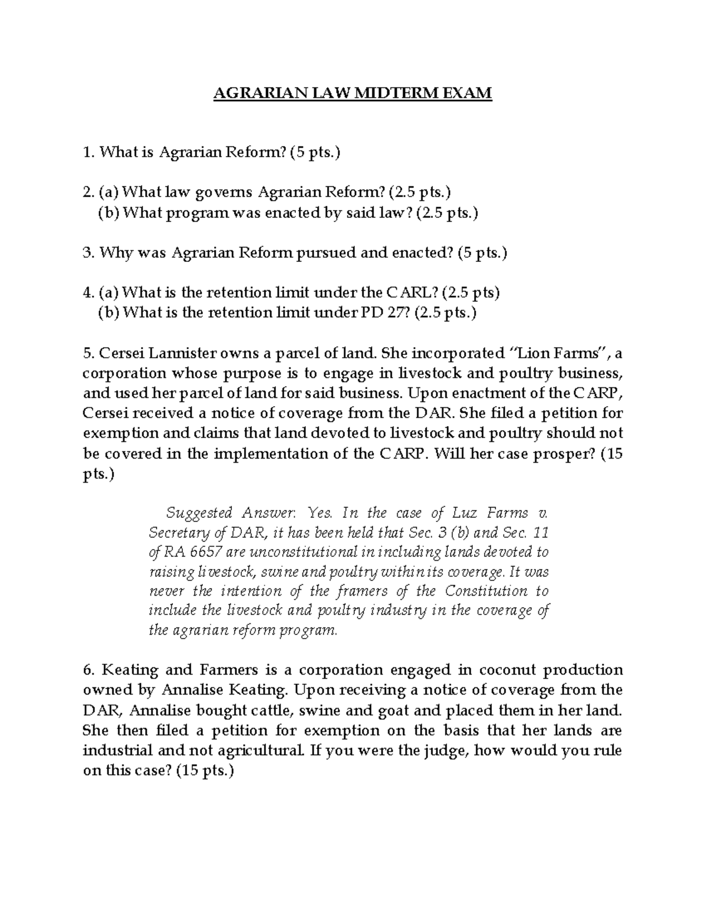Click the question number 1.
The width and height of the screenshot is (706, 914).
[87, 153]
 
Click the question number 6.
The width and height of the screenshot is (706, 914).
[88, 670]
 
